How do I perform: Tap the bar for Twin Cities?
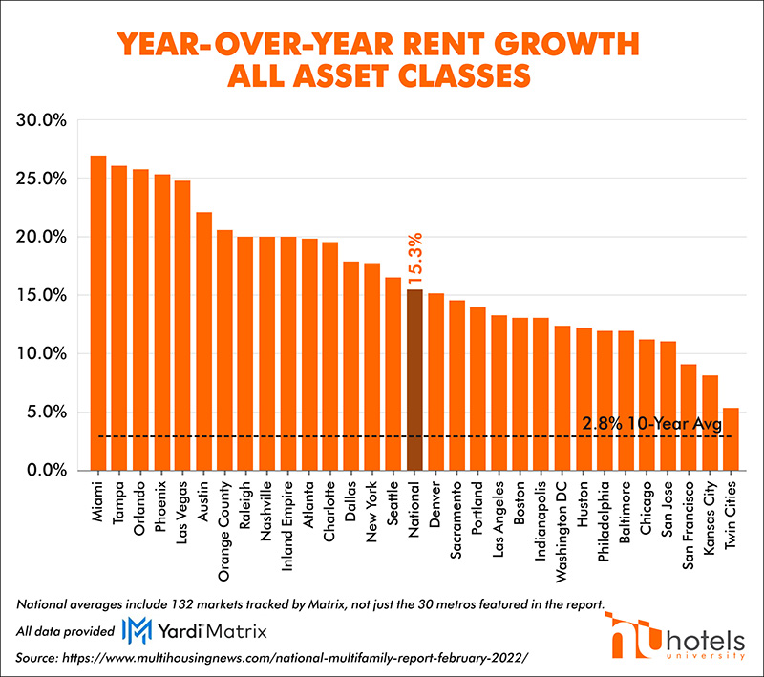[731, 439]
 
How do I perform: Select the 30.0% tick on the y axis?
[40, 120]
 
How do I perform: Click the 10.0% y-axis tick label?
[40, 354]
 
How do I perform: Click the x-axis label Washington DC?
[562, 523]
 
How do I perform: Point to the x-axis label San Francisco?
[689, 524]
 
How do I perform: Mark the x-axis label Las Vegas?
[182, 511]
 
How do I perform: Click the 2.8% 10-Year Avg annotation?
[650, 424]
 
